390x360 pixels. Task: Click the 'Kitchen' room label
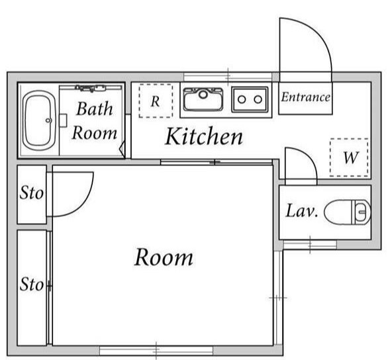click(203, 137)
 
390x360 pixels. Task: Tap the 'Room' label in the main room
click(164, 257)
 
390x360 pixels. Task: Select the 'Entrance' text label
click(305, 97)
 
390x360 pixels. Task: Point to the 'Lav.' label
click(302, 212)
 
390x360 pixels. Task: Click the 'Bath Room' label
click(94, 120)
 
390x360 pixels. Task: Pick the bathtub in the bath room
click(38, 121)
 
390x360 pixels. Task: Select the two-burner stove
click(250, 99)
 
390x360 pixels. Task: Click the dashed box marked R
click(155, 101)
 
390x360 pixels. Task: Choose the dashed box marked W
click(348, 157)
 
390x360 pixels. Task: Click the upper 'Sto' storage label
click(30, 194)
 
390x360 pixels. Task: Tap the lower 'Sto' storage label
click(31, 285)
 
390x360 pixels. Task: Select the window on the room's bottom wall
click(157, 350)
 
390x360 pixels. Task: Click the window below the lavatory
click(309, 245)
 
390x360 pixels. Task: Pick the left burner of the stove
click(242, 99)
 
